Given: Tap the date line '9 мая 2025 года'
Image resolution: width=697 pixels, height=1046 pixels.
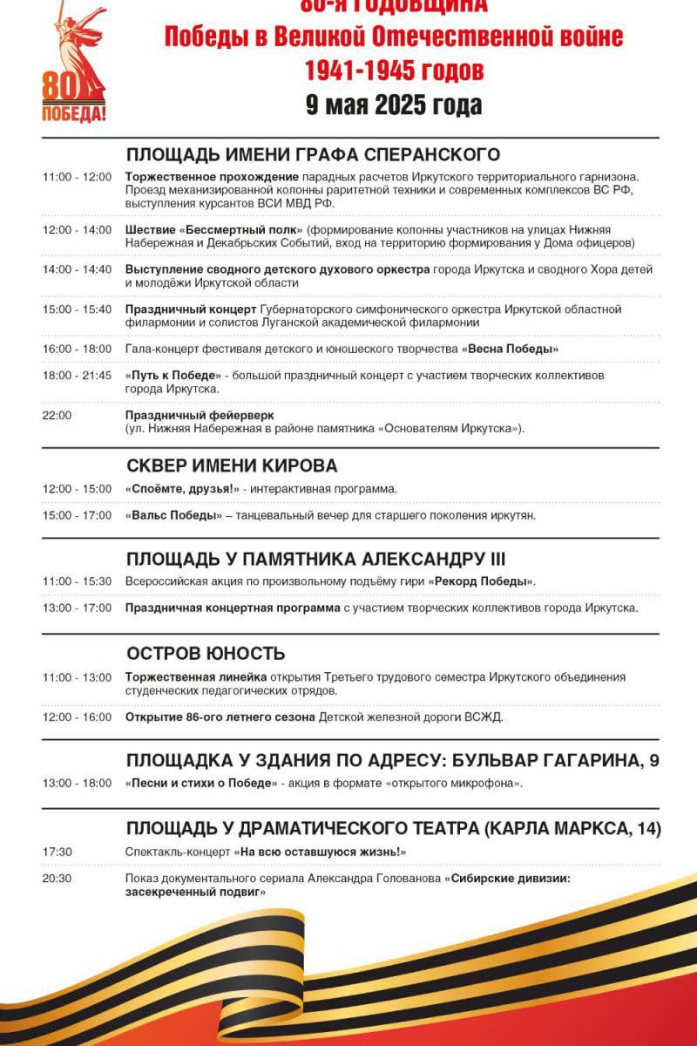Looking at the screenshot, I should [394, 105].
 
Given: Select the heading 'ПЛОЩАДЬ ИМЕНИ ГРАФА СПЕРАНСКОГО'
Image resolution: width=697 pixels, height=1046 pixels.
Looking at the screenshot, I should [313, 155].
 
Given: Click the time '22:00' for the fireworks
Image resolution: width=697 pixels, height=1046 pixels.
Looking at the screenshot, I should [57, 416].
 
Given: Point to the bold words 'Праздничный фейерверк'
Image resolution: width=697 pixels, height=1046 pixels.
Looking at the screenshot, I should [193, 416].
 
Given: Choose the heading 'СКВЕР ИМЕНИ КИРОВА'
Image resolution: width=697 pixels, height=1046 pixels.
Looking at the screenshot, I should [232, 465].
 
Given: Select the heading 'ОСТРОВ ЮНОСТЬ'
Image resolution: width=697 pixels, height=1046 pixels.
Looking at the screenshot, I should [206, 654].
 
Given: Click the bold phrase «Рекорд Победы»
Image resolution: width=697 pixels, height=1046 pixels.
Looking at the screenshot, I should [481, 581].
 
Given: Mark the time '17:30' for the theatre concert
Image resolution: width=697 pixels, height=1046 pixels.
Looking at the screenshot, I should [57, 852].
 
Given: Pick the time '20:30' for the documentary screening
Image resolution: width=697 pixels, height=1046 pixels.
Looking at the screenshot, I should [57, 879].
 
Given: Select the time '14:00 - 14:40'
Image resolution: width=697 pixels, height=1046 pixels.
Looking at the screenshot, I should [77, 270].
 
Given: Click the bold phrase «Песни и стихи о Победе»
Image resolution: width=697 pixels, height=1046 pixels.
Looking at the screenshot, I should [201, 784].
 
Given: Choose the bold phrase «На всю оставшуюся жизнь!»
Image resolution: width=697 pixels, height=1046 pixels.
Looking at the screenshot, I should [321, 852].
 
